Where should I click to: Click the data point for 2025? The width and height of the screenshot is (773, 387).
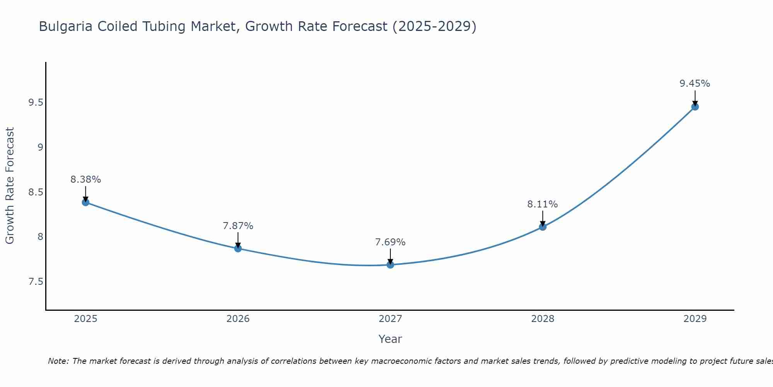click(x=85, y=202)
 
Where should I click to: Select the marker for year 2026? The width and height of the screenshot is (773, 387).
click(x=238, y=248)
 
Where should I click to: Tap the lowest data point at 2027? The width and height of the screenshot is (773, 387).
click(x=390, y=265)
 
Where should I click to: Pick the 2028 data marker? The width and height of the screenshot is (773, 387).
click(x=542, y=227)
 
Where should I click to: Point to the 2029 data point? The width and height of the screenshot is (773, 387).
click(x=695, y=107)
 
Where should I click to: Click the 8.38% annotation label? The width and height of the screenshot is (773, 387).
click(x=85, y=180)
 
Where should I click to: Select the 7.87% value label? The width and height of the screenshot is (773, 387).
click(x=238, y=226)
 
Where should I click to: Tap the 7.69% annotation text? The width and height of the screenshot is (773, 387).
click(x=390, y=242)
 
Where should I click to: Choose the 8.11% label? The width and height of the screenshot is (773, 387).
click(x=542, y=204)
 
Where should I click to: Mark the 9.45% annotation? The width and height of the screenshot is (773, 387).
click(x=695, y=84)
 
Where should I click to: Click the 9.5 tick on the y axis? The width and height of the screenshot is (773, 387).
click(x=36, y=103)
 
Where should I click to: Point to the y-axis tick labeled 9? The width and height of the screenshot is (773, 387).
click(x=40, y=147)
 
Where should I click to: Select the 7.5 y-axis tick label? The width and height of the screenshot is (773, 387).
click(x=36, y=281)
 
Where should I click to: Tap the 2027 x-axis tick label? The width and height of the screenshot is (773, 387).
click(x=390, y=319)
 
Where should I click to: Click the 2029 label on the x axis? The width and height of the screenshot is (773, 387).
click(x=695, y=319)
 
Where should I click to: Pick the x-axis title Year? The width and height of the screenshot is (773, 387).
click(x=390, y=339)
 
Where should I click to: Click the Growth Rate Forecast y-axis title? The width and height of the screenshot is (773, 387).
click(x=10, y=186)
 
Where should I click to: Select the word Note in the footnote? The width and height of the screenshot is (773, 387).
click(x=58, y=361)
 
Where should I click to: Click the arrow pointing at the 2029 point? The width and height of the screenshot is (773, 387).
click(x=695, y=98)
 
